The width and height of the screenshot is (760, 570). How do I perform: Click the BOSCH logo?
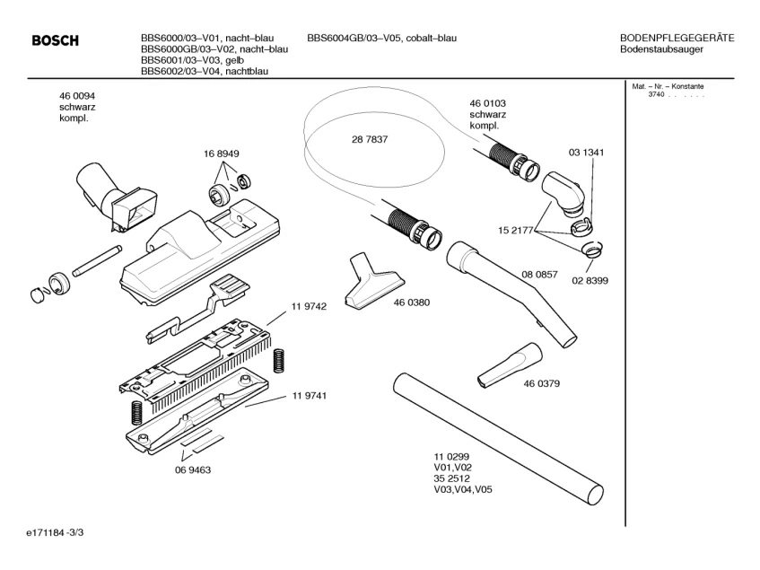[x=55, y=40]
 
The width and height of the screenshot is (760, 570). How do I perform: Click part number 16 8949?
[x=221, y=153]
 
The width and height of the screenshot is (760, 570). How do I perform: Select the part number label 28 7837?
[x=370, y=140]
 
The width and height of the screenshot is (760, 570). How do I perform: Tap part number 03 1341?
[x=585, y=153]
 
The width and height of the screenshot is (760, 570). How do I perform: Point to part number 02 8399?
[x=590, y=280]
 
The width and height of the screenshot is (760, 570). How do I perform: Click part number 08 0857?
[x=539, y=274]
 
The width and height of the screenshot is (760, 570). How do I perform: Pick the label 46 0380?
[x=411, y=303]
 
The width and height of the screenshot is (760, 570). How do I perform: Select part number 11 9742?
[x=308, y=306]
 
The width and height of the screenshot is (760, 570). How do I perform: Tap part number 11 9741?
[x=308, y=396]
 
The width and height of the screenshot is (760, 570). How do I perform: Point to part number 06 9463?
[x=193, y=469]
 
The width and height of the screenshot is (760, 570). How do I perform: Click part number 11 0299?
[x=451, y=457]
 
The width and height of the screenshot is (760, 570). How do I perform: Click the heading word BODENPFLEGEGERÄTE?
[x=677, y=38]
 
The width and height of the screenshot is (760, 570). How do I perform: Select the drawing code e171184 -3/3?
[x=55, y=534]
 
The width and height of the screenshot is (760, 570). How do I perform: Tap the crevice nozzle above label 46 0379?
[x=509, y=364]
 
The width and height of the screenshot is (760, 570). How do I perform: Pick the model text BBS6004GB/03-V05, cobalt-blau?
[x=381, y=38]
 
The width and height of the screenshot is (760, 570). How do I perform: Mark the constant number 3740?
[x=655, y=95]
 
